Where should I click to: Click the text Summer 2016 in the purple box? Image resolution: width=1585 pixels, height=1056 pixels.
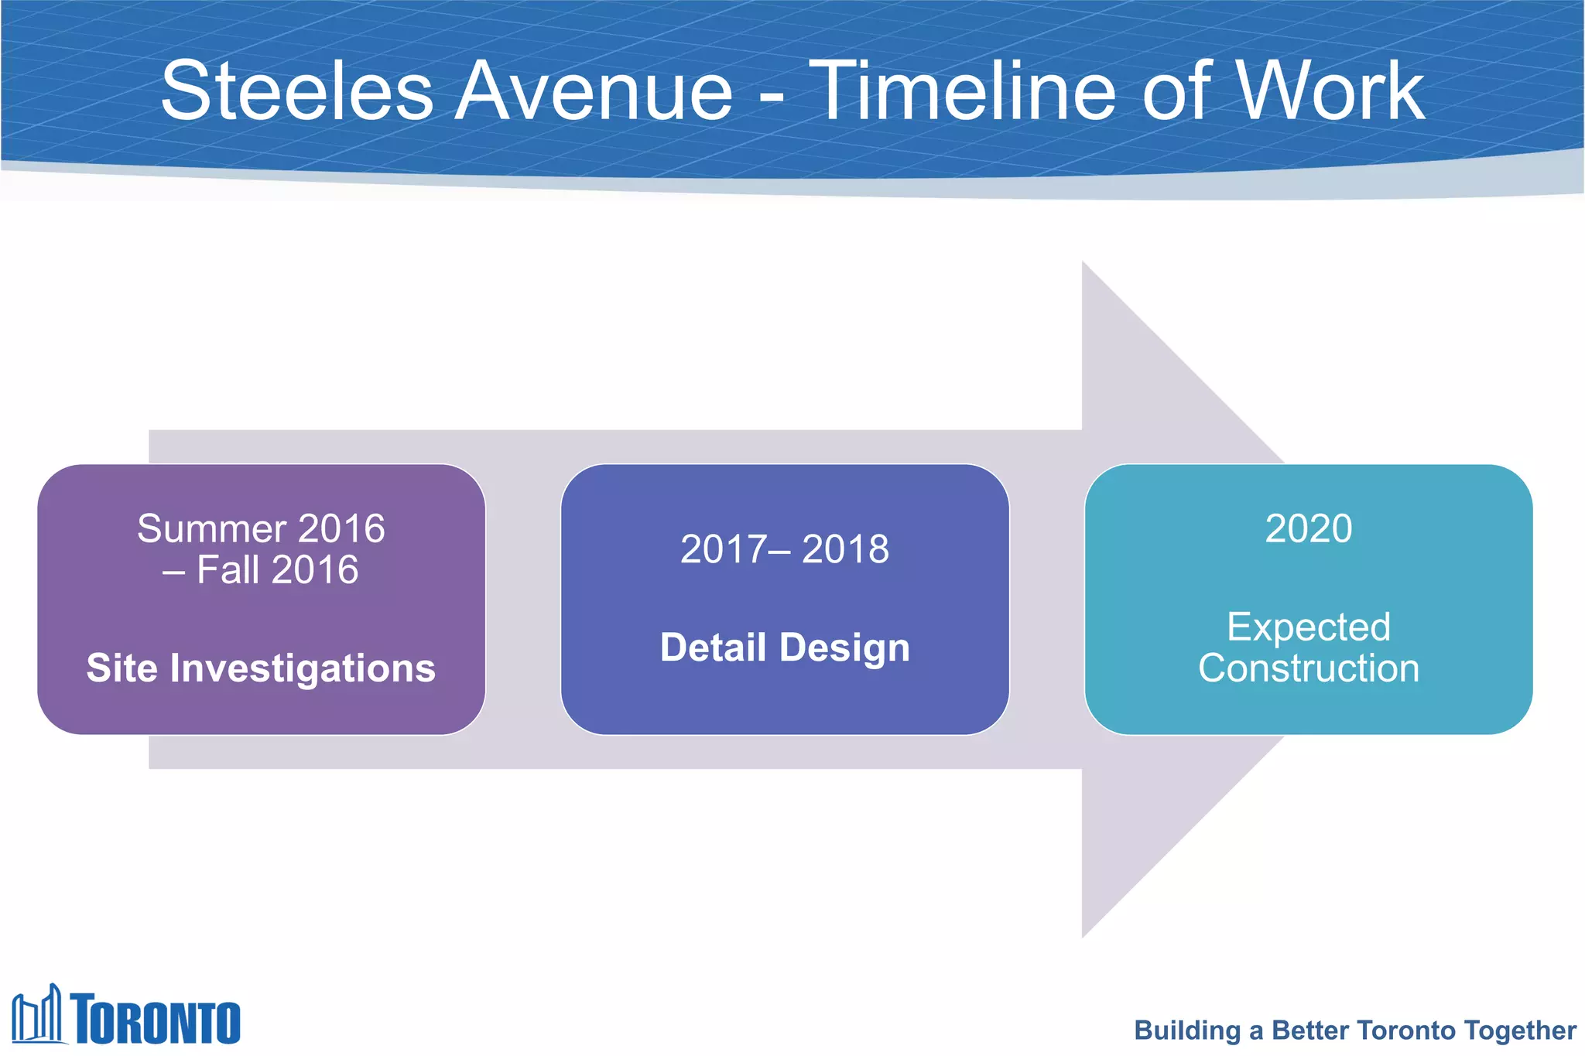pos(261,529)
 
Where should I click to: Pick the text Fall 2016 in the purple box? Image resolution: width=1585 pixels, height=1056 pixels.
pos(277,570)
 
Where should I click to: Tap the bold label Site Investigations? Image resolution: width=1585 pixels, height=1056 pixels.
pos(261,668)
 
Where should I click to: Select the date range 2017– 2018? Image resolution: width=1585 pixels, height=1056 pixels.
pos(785,549)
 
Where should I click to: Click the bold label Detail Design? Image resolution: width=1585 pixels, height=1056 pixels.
pos(785,648)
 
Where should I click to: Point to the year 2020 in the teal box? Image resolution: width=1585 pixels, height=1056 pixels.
pos(1309,529)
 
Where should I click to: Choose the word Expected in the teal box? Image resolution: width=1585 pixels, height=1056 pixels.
pos(1309,627)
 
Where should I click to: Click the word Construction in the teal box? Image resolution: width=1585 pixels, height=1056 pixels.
pos(1309,668)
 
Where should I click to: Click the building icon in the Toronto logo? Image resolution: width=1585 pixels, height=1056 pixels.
pos(37,1015)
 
